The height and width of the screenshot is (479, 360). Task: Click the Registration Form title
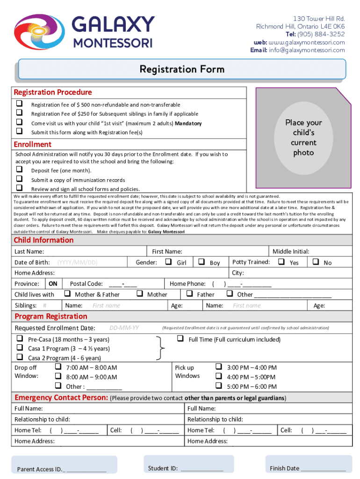click(x=182, y=70)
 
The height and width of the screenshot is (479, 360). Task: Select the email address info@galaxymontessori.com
click(x=306, y=50)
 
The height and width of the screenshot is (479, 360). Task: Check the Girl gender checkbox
click(x=168, y=262)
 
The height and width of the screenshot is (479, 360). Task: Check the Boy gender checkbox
click(x=201, y=262)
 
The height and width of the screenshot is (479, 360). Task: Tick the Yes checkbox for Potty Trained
click(x=281, y=262)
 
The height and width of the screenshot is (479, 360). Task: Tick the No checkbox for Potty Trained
click(x=315, y=262)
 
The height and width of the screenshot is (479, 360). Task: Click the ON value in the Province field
click(x=53, y=284)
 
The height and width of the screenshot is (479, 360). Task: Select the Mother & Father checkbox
click(x=67, y=294)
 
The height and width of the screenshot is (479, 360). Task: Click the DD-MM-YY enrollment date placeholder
click(x=124, y=327)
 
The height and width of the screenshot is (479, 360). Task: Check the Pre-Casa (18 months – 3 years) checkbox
click(x=20, y=339)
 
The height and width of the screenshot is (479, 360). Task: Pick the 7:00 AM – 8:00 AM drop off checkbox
click(x=58, y=367)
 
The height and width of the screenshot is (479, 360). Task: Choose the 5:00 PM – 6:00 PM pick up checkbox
click(x=218, y=386)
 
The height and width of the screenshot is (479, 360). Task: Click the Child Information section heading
click(x=43, y=240)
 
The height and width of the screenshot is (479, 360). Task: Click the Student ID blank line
click(x=202, y=468)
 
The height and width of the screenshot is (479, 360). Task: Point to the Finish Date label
click(x=284, y=468)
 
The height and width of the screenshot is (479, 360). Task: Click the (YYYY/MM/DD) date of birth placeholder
click(x=77, y=262)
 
